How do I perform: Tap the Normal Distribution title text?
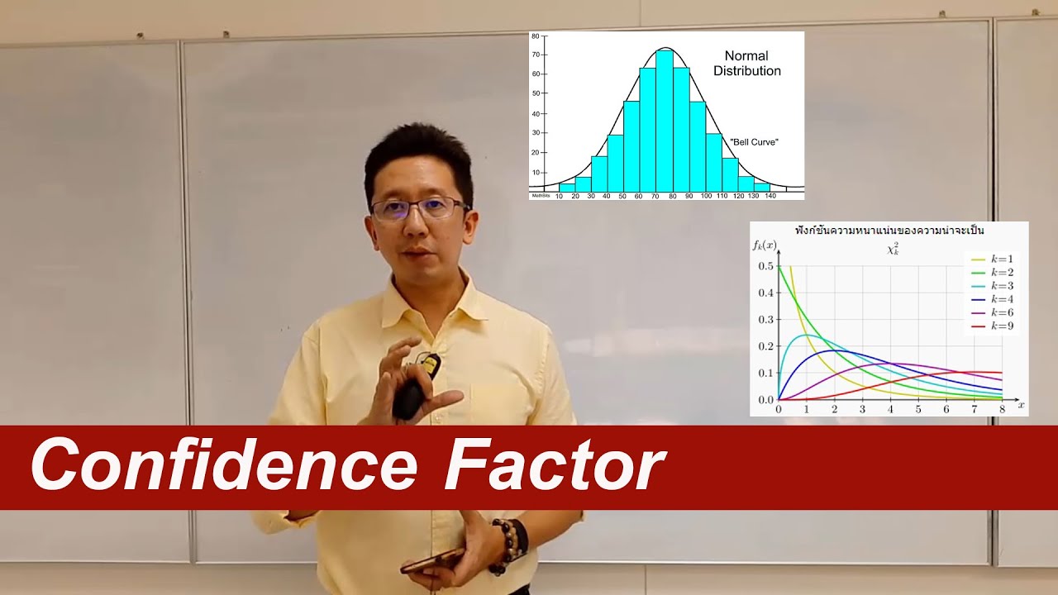point(747,64)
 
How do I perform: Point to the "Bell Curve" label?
point(754,142)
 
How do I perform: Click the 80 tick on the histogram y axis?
point(536,36)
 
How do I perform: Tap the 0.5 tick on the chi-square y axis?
point(765,266)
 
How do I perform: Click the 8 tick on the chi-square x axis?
point(1002,409)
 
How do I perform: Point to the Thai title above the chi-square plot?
point(889,231)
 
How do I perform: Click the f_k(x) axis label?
point(765,245)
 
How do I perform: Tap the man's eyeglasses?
point(419,208)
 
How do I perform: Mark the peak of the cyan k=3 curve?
point(804,335)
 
